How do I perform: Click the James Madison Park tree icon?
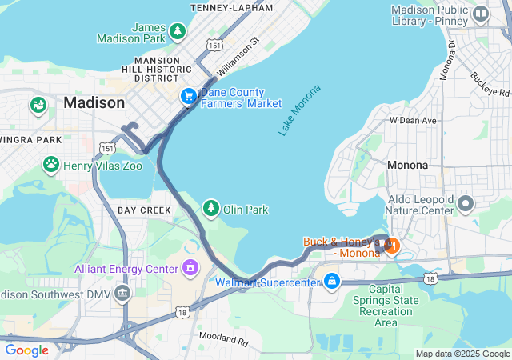(x=178, y=31)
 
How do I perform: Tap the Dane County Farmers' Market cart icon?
(x=189, y=96)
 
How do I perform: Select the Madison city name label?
(x=94, y=103)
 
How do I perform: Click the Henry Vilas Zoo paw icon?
(x=51, y=164)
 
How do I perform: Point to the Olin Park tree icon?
(x=211, y=209)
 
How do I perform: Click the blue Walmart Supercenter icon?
(x=331, y=281)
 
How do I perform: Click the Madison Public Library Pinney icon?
(x=481, y=14)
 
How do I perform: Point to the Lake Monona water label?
(x=299, y=110)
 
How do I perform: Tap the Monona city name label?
(x=407, y=165)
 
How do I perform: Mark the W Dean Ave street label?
(x=413, y=120)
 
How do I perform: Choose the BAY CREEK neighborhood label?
(x=144, y=210)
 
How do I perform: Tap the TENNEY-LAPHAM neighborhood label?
(x=232, y=7)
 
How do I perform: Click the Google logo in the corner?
(x=26, y=350)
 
